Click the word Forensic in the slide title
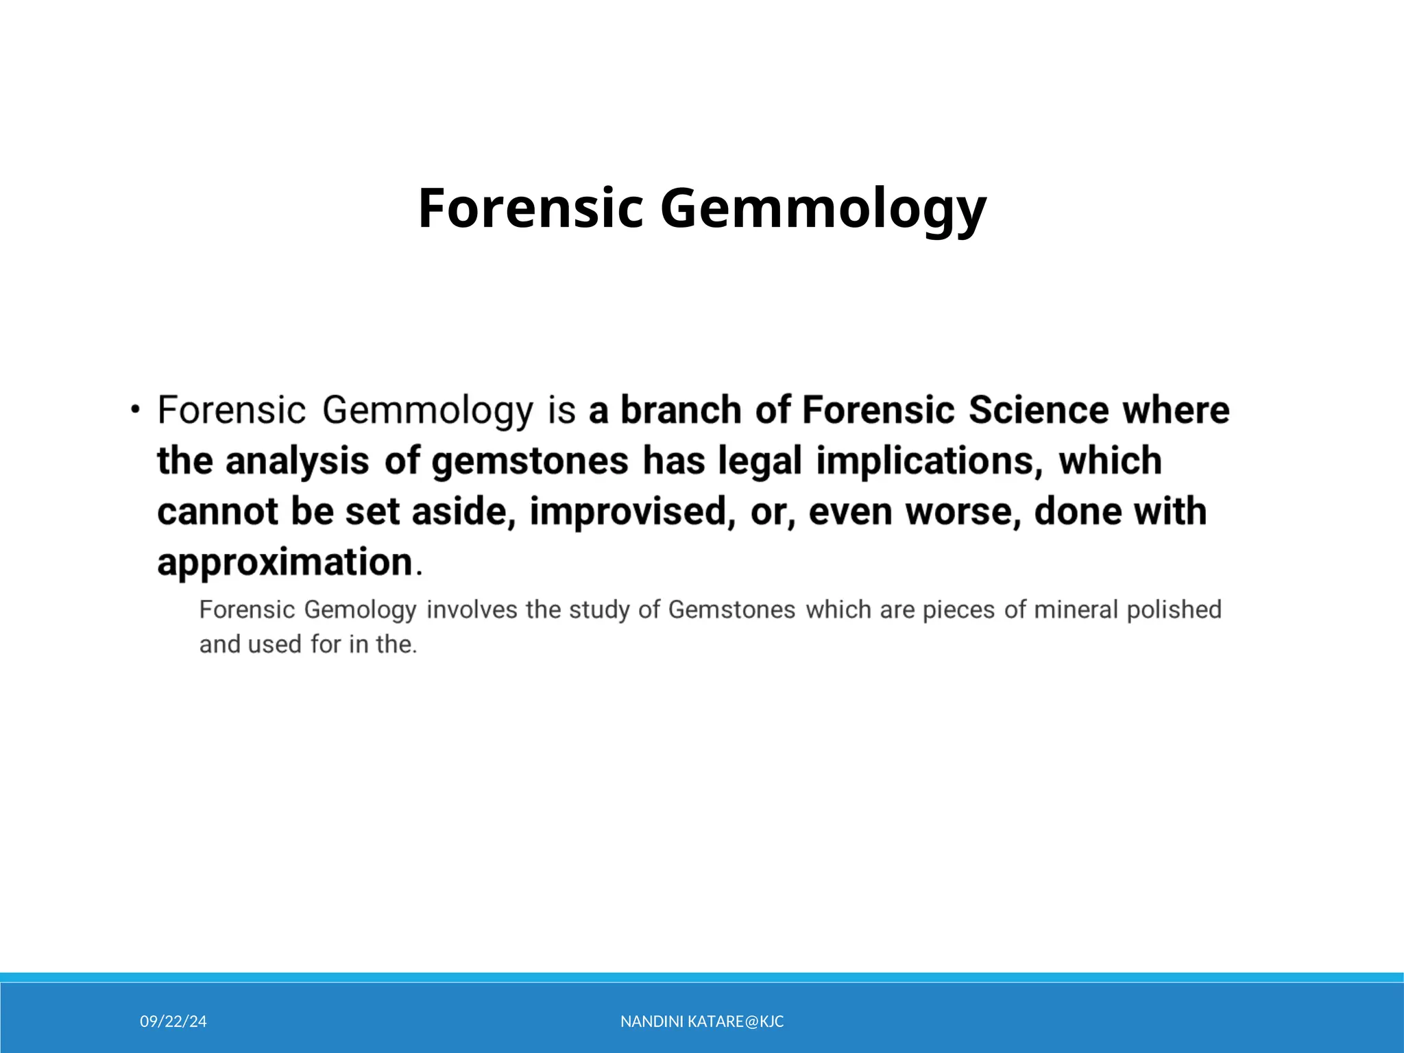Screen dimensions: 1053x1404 coord(531,208)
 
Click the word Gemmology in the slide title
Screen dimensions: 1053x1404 coord(823,209)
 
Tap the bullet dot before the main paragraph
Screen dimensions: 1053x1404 coord(136,410)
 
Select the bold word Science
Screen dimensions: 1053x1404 coord(1038,410)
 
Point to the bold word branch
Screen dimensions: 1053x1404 coord(681,410)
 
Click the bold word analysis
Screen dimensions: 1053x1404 coord(298,461)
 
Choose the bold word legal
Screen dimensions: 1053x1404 coord(760,461)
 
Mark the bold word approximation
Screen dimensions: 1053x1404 coord(285,562)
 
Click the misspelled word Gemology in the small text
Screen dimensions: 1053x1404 coord(361,610)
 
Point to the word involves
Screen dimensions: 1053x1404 coord(472,609)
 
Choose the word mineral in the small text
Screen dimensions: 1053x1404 coord(1076,609)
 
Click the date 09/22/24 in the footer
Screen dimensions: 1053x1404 coord(173,1021)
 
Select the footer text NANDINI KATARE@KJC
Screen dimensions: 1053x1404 coord(702,1021)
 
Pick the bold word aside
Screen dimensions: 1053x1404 coord(463,511)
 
